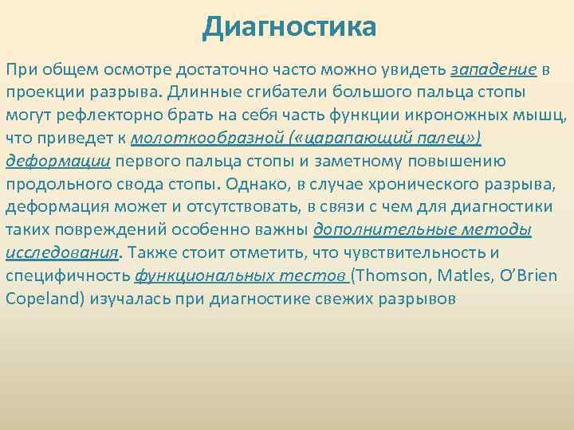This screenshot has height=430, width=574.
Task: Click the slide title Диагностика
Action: pos(288,28)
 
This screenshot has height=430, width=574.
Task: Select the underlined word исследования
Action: pos(61,253)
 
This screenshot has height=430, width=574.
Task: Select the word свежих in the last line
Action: pos(340,299)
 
